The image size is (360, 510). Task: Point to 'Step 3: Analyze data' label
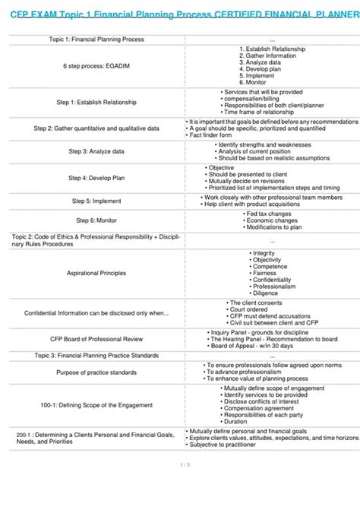click(96, 151)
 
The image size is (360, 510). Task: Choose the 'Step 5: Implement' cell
click(96, 201)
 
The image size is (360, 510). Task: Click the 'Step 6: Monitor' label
click(96, 220)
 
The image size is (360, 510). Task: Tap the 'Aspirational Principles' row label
click(96, 273)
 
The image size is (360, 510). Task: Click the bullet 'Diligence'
click(267, 293)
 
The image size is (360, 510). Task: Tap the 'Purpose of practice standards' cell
click(96, 372)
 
